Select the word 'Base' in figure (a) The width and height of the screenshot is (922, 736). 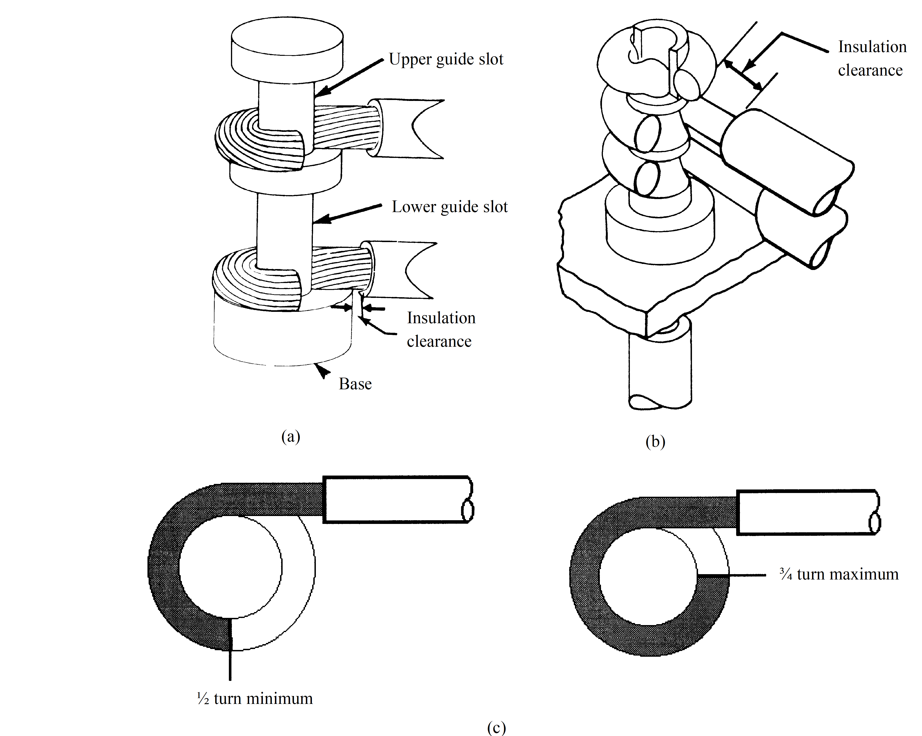[x=355, y=384]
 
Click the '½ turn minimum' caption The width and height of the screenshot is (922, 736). [x=255, y=698]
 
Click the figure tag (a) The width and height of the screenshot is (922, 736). [x=291, y=437]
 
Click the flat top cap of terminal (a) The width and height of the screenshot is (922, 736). [x=287, y=47]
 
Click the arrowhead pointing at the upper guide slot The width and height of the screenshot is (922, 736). [x=322, y=92]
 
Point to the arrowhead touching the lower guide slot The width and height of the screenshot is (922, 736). [x=321, y=219]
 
